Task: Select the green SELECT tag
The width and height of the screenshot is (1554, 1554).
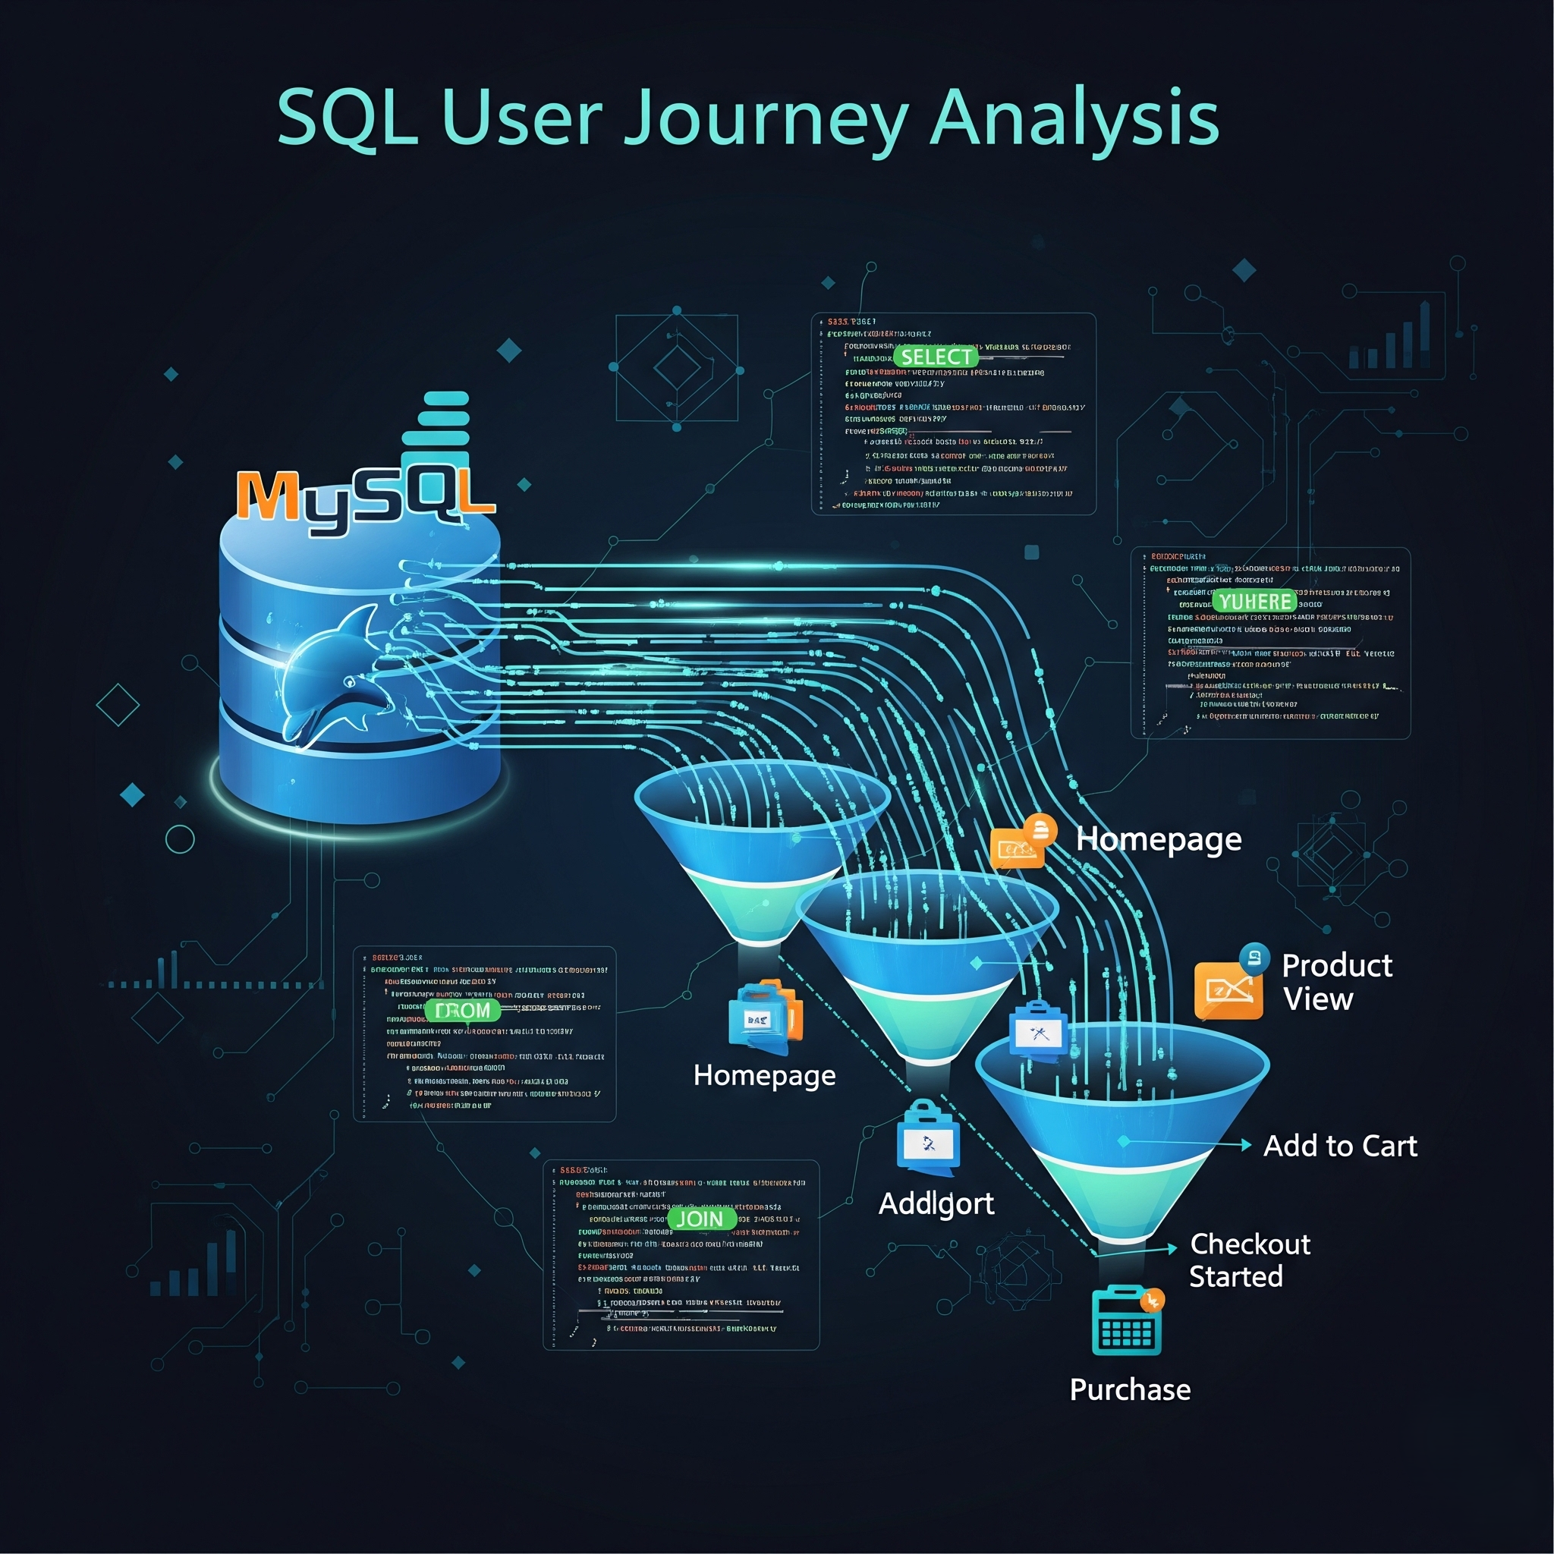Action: [x=936, y=357]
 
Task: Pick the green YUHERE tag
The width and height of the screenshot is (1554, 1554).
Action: [x=1255, y=602]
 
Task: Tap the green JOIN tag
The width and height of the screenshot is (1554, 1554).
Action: [x=700, y=1219]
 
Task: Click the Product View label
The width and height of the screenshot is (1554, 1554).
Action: [x=1336, y=982]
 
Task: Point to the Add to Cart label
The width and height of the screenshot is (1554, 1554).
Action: [x=1340, y=1145]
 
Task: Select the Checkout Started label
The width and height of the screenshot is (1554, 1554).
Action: [x=1249, y=1260]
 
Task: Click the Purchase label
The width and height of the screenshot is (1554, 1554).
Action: [x=1129, y=1390]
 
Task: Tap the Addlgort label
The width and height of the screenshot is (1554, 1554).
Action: [x=936, y=1204]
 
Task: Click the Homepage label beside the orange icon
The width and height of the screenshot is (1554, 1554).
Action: [x=1158, y=840]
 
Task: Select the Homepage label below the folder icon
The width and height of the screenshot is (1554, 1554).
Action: [x=764, y=1075]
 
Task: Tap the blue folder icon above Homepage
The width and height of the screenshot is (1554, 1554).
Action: [x=764, y=1017]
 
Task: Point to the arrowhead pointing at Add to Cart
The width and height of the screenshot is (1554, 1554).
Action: [x=1246, y=1145]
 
